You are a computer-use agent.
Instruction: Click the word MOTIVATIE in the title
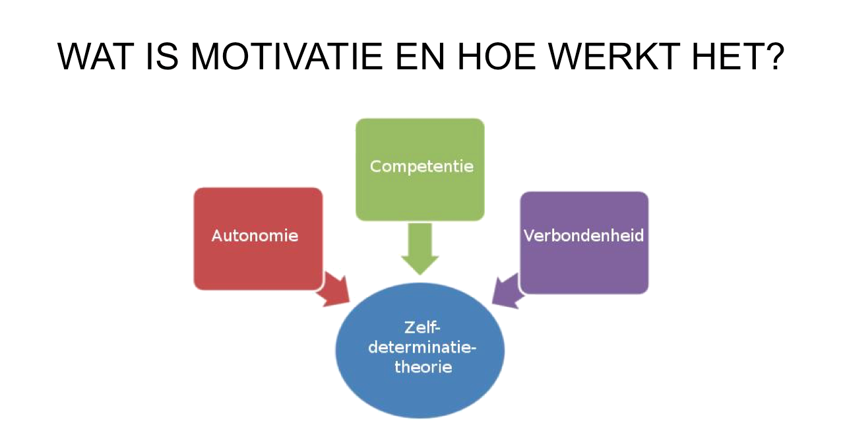click(x=287, y=57)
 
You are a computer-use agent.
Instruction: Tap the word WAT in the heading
click(x=96, y=57)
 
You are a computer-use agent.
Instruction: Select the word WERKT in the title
click(x=613, y=57)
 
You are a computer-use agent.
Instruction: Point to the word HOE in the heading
click(x=497, y=57)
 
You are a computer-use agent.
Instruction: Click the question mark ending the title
click(x=774, y=57)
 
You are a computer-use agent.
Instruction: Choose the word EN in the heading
click(x=420, y=57)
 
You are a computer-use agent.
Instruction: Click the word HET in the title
click(x=726, y=57)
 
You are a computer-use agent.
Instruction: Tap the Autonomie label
click(x=255, y=236)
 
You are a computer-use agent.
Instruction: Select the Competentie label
click(x=421, y=166)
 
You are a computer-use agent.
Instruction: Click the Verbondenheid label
click(x=584, y=236)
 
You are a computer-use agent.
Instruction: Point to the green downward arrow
click(x=420, y=248)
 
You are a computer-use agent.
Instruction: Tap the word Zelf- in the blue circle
click(x=422, y=327)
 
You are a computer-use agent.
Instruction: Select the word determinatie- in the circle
click(x=422, y=347)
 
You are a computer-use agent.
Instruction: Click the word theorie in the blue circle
click(x=423, y=367)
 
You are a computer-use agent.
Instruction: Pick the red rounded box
click(x=258, y=239)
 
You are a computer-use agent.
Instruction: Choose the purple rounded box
click(x=584, y=242)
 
